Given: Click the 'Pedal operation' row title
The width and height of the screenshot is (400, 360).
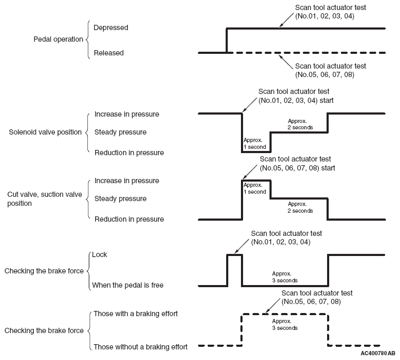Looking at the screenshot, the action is (x=59, y=40).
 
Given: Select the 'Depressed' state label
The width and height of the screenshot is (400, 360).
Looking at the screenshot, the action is (x=111, y=28).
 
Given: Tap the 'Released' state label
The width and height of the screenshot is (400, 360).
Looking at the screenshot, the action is (x=109, y=53).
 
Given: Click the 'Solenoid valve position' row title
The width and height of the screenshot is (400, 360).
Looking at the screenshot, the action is (x=45, y=132).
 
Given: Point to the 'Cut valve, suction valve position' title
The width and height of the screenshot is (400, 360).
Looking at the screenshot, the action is (x=44, y=198).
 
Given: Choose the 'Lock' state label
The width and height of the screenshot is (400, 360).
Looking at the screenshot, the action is (x=99, y=254).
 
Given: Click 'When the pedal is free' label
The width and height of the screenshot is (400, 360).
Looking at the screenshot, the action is (x=128, y=285).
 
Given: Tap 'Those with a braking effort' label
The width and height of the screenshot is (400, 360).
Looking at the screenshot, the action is (x=136, y=314).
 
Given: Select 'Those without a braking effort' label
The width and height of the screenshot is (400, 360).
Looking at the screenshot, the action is (x=141, y=347).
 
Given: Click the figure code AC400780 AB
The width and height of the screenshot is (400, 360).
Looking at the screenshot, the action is (x=378, y=353).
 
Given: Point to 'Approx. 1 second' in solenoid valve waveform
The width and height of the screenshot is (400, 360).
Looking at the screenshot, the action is (x=255, y=144).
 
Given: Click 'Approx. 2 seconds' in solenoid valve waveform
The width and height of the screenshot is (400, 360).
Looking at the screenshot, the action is (x=300, y=124).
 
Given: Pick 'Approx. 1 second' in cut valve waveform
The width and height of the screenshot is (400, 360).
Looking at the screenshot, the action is (x=255, y=188).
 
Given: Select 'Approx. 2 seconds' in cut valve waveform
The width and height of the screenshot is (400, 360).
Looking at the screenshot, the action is (x=300, y=207).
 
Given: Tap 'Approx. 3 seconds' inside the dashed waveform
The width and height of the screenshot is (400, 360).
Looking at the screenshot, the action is (x=285, y=325).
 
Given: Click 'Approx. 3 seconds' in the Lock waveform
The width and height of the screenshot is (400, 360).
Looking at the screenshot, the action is (x=285, y=277).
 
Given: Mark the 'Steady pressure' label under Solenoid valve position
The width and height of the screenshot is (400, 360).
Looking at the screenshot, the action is (x=120, y=132).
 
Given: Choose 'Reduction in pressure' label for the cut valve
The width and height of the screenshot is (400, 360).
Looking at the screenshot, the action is (x=129, y=219).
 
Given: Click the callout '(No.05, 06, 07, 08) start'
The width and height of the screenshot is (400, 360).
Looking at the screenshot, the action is (x=297, y=168).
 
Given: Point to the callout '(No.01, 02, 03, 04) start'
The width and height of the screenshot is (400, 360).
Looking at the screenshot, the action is (x=296, y=100).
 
